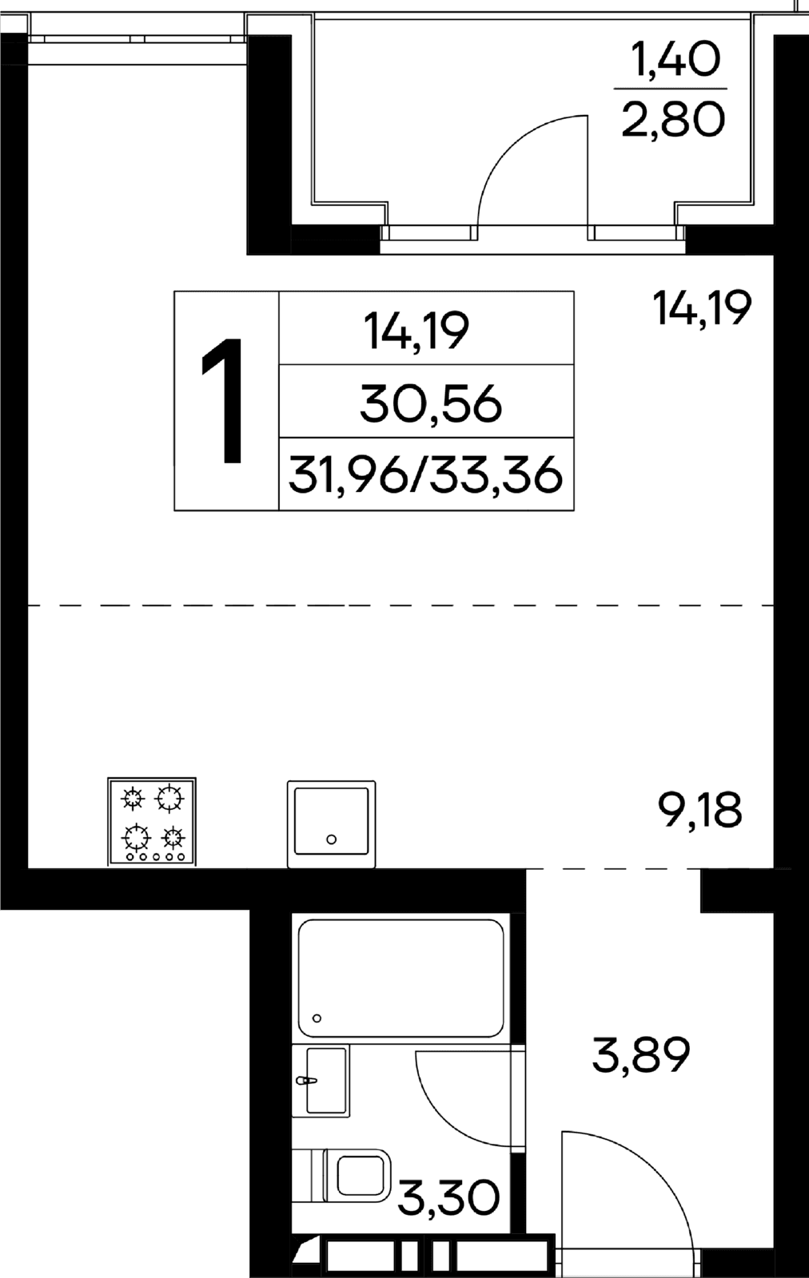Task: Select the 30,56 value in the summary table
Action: click(430, 404)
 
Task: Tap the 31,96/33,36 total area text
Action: click(426, 475)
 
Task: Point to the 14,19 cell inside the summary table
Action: click(416, 331)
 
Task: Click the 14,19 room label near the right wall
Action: click(702, 308)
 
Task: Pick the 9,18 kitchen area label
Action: click(700, 810)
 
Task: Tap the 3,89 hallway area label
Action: click(640, 1055)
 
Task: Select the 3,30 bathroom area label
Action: click(448, 1197)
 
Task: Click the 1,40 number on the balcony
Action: click(674, 60)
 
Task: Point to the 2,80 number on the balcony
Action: click(673, 119)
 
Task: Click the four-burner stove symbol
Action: click(152, 821)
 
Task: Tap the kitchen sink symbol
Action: click(331, 824)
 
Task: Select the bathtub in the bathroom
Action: click(401, 978)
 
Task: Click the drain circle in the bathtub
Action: click(317, 1018)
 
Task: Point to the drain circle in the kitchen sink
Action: click(331, 839)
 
